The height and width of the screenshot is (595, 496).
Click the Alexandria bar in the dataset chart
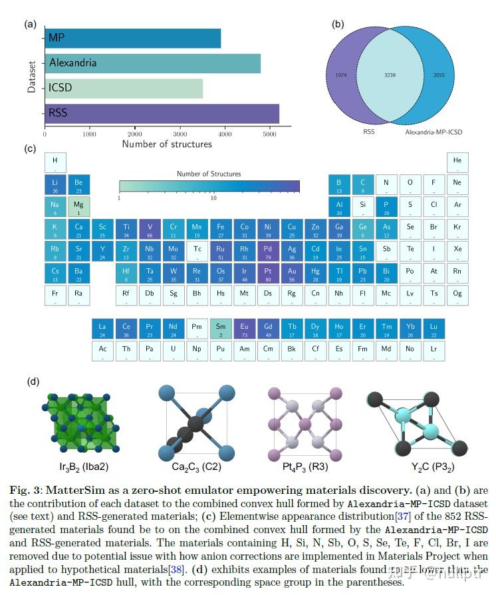point(152,63)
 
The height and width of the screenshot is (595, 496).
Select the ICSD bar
point(124,88)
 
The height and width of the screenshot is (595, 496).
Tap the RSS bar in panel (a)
point(162,112)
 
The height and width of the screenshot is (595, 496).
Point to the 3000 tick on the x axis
point(180,133)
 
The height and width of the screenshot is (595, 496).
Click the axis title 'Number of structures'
point(167,144)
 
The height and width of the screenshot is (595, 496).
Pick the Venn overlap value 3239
point(390,76)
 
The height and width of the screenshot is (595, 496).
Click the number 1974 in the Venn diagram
point(342,76)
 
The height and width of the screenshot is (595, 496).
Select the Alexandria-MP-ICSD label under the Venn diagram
point(434,132)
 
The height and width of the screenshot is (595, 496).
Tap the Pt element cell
point(268,274)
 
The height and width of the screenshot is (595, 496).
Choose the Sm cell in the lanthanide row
point(221,329)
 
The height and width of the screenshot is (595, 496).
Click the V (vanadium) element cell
point(150,229)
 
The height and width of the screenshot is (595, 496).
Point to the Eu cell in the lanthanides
point(245,329)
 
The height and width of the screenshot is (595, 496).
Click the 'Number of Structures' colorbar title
point(209,174)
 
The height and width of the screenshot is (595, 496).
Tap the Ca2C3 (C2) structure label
point(193,467)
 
